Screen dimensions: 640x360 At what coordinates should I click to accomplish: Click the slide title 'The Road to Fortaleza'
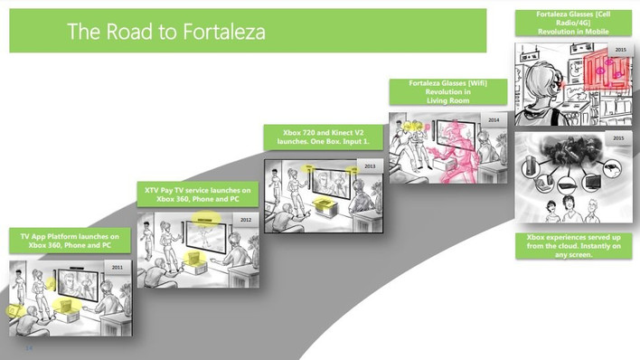pyautogui.click(x=166, y=32)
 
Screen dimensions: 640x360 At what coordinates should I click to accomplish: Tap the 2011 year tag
pyautogui.click(x=118, y=267)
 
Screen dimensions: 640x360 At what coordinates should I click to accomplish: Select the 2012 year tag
pyautogui.click(x=246, y=220)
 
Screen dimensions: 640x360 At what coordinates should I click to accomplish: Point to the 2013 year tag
pyautogui.click(x=370, y=166)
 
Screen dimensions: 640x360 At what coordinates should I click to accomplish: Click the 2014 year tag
pyautogui.click(x=494, y=119)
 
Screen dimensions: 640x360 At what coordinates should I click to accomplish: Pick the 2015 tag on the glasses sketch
pyautogui.click(x=620, y=50)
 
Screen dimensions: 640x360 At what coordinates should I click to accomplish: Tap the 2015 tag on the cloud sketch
pyautogui.click(x=618, y=138)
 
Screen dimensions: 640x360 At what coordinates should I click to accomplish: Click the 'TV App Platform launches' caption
pyautogui.click(x=70, y=241)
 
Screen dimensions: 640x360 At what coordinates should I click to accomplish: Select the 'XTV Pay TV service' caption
pyautogui.click(x=198, y=194)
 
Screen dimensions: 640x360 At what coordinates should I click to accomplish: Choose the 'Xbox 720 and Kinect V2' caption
pyautogui.click(x=324, y=137)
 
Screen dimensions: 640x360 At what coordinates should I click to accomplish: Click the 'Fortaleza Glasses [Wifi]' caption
pyautogui.click(x=448, y=92)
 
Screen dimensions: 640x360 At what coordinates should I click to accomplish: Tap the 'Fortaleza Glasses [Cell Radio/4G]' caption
pyautogui.click(x=573, y=23)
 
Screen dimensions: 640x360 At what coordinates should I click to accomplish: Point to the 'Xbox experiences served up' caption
pyautogui.click(x=573, y=246)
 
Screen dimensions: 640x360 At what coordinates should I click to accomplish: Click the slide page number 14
pyautogui.click(x=29, y=348)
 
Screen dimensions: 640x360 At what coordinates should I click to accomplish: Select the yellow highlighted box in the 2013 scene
pyautogui.click(x=325, y=205)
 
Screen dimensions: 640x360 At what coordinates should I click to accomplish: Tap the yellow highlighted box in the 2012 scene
pyautogui.click(x=193, y=259)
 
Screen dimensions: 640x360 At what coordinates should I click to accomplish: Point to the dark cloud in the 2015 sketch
pyautogui.click(x=572, y=148)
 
